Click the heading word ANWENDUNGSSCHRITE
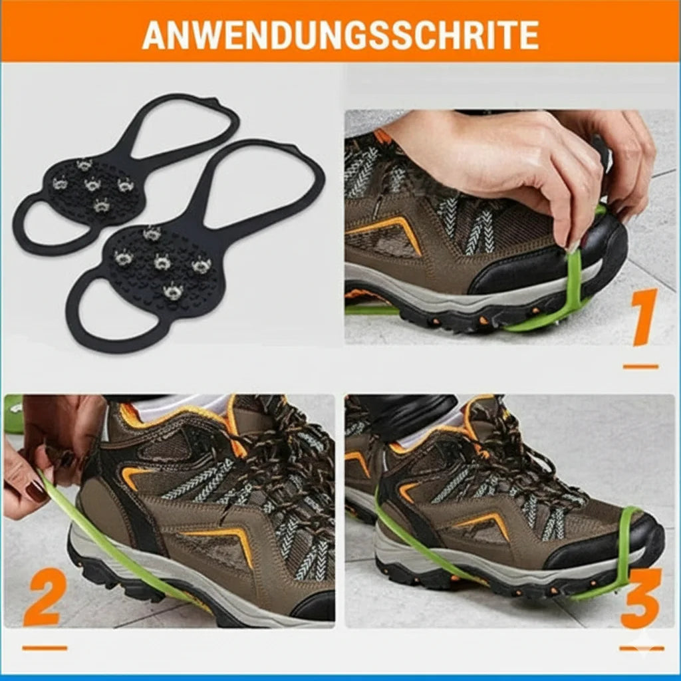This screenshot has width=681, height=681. pyautogui.click(x=340, y=35)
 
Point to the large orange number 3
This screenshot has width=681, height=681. pyautogui.click(x=640, y=598)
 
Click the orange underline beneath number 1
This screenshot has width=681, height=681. pyautogui.click(x=640, y=366)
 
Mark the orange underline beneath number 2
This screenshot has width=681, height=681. pyautogui.click(x=45, y=648)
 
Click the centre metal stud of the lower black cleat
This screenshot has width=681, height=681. pyautogui.click(x=162, y=262)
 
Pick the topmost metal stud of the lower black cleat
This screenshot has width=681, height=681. pyautogui.click(x=152, y=234)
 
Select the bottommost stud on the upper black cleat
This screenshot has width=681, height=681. pyautogui.click(x=102, y=205)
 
